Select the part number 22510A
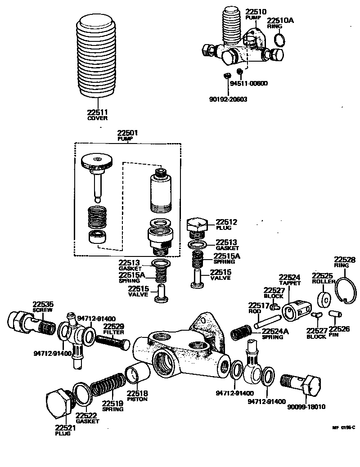(x=280, y=20)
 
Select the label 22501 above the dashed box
(x=128, y=133)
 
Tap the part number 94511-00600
(x=249, y=84)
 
